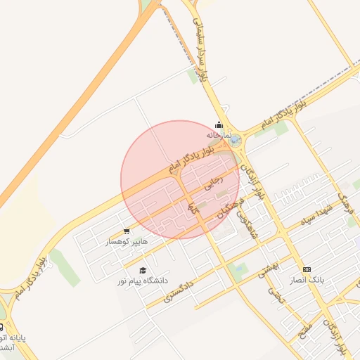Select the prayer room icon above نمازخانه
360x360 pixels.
pos(219,124)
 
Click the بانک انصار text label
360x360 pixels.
pos(307,280)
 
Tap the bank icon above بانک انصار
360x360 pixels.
pos(307,269)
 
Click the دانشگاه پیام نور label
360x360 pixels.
pos(143,281)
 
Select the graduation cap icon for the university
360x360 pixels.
pos(143,270)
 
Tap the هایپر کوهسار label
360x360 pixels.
pos(127,241)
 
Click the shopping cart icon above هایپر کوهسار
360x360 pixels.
pos(127,231)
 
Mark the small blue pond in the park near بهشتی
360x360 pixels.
pos(238,268)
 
